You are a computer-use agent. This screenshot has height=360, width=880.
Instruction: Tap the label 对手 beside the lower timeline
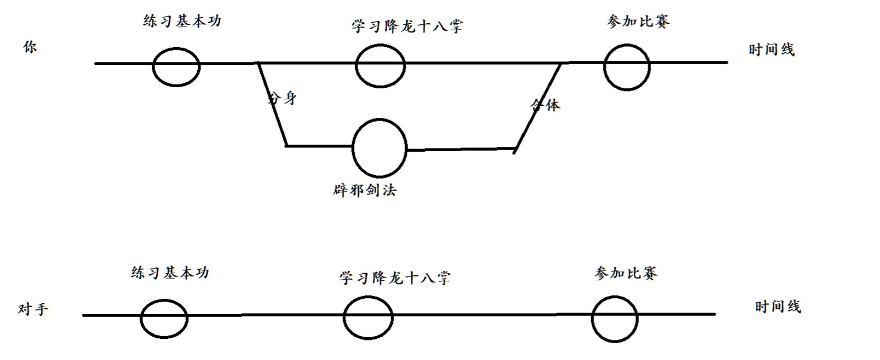tap(33, 309)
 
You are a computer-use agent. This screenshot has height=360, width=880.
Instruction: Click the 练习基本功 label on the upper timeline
tap(182, 21)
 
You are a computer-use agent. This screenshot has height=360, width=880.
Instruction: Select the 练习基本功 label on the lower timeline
tap(170, 273)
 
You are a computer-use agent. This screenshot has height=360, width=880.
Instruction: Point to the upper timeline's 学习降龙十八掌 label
tap(407, 26)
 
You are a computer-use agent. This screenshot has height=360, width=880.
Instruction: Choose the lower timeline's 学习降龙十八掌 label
tap(395, 278)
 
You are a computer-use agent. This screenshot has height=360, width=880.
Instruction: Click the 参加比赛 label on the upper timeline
tap(638, 22)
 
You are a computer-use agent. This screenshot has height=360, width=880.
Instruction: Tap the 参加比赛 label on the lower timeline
tap(626, 273)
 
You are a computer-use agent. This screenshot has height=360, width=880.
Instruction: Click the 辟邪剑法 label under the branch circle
tap(365, 190)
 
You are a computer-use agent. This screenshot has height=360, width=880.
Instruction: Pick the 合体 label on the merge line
tap(545, 105)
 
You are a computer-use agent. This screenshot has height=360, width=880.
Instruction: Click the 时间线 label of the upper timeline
tap(772, 50)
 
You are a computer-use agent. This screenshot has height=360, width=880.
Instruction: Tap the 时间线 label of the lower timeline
tap(778, 307)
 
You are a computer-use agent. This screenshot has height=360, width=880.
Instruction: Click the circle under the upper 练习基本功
tap(176, 66)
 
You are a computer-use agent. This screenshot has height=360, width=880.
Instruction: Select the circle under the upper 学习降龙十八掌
tap(380, 65)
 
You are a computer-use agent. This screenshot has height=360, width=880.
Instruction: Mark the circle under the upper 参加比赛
tap(627, 67)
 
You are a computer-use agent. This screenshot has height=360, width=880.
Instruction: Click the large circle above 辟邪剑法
tap(379, 147)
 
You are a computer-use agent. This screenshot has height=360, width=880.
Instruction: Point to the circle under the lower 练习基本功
tap(164, 319)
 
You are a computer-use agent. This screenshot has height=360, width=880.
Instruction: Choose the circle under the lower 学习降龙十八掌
tap(368, 317)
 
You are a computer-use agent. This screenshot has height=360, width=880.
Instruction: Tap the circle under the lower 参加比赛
tap(615, 318)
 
